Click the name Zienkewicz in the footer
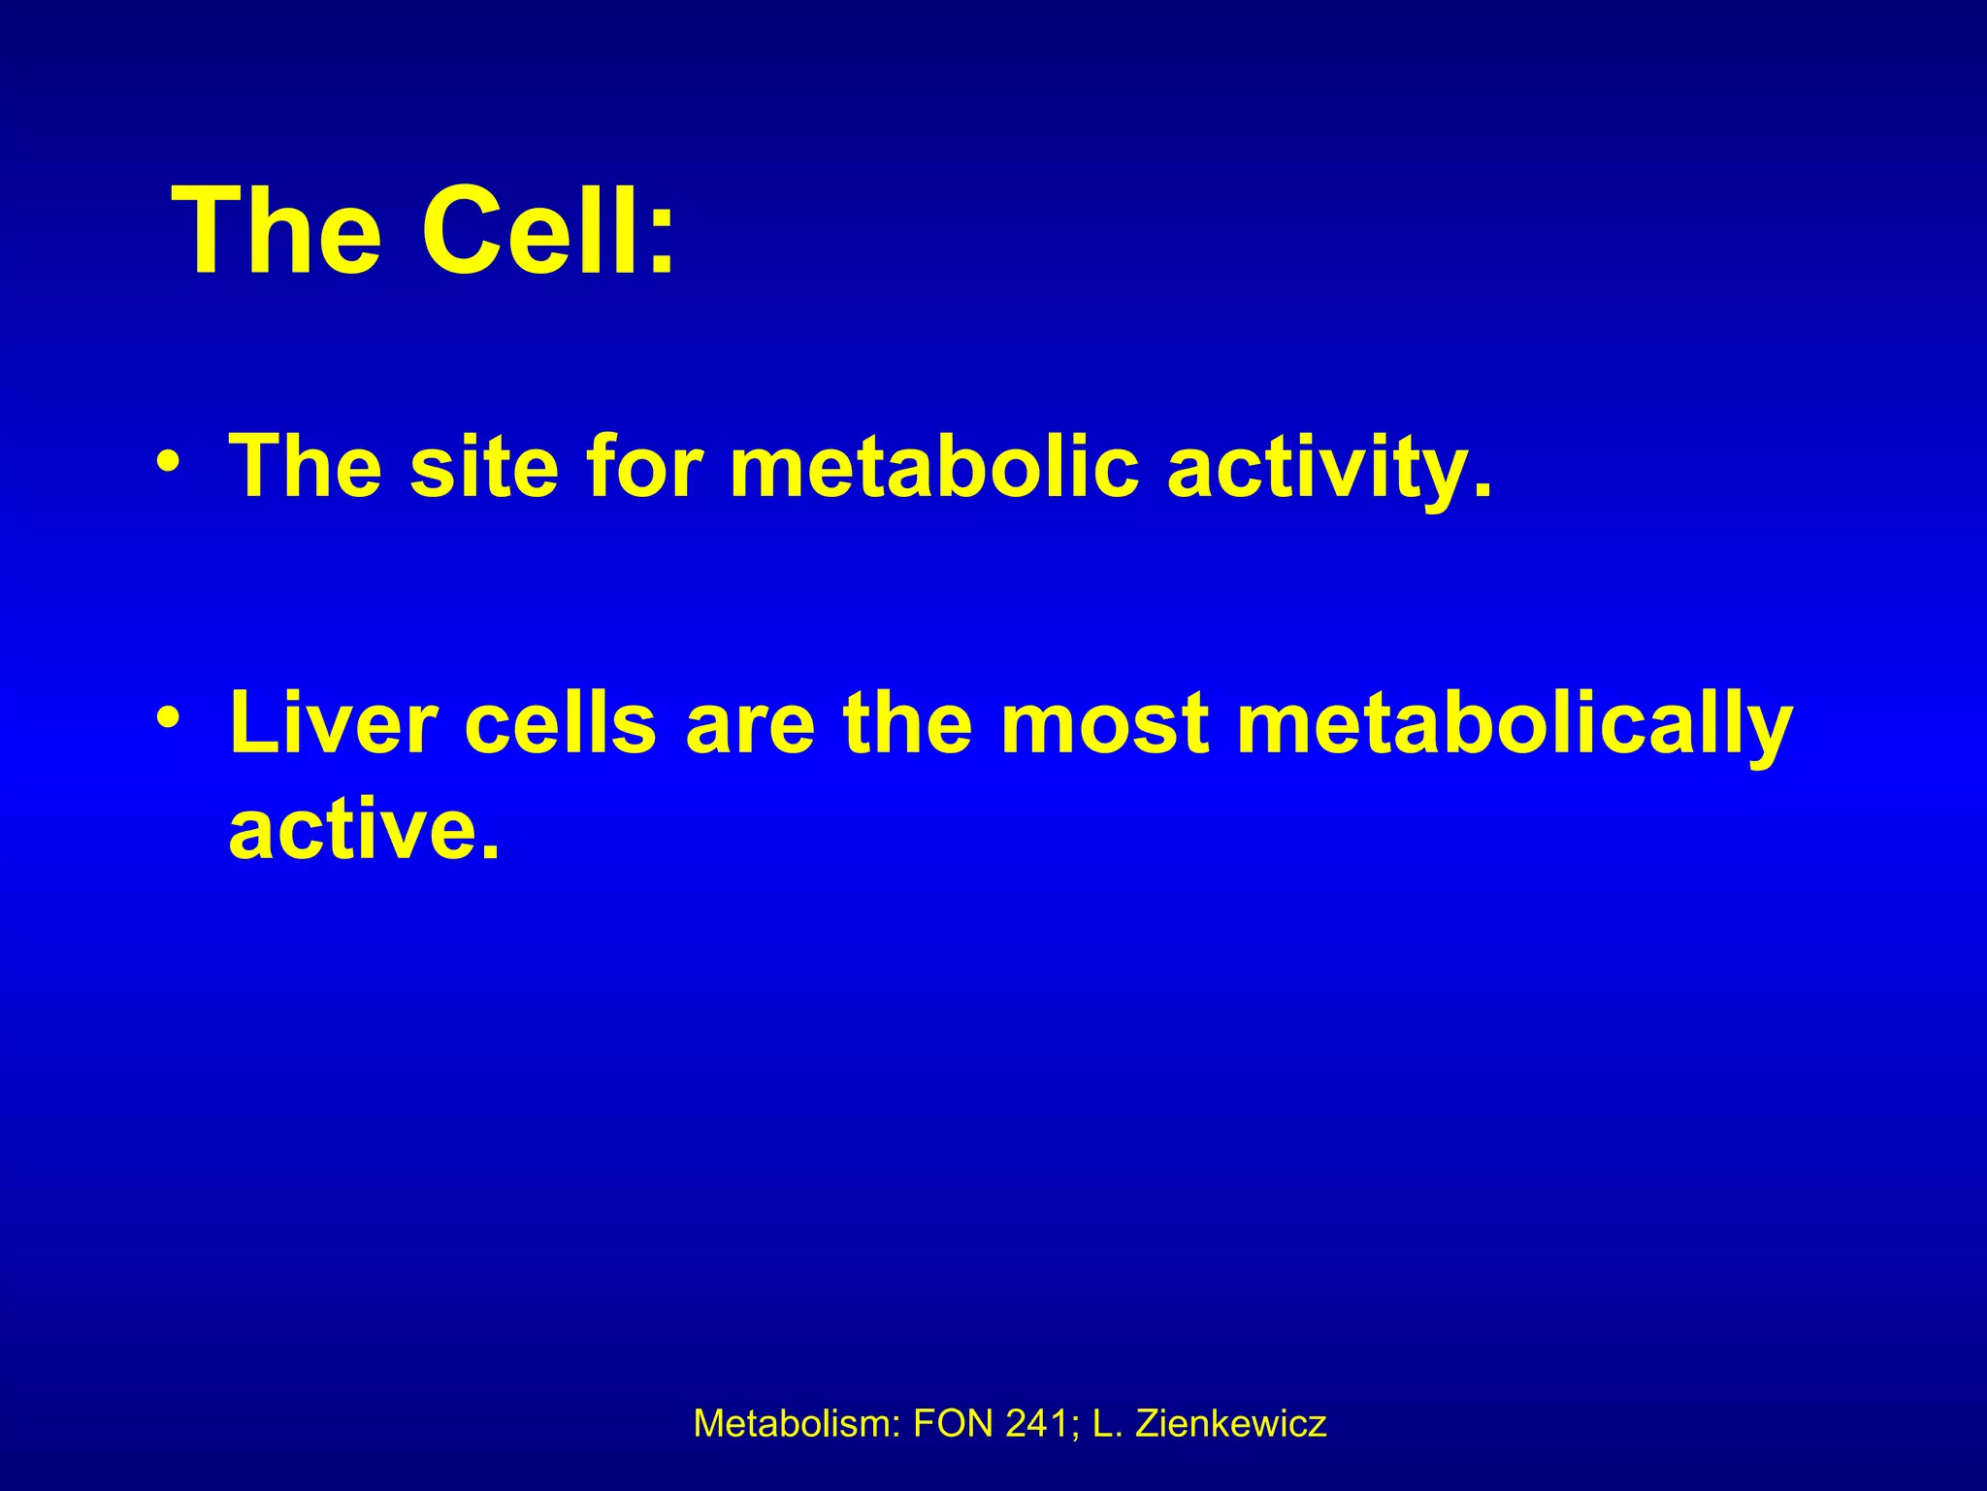[x=1230, y=1424]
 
